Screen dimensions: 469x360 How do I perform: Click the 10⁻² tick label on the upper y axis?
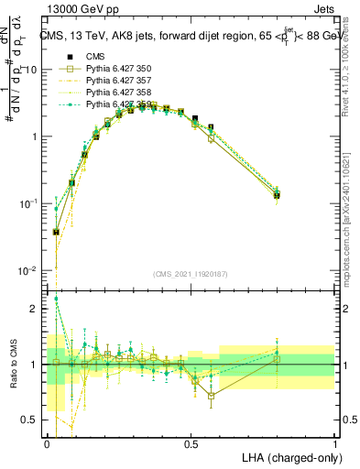(28, 270)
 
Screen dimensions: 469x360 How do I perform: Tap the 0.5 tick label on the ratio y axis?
(31, 420)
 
